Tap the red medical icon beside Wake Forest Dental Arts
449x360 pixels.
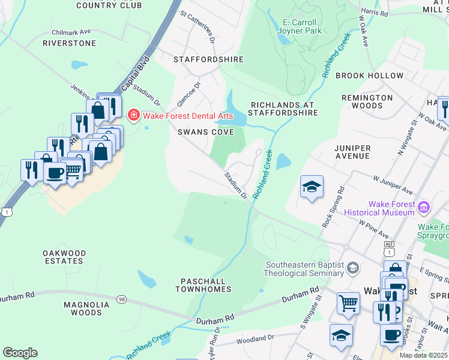(133, 114)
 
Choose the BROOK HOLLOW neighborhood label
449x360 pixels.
(369, 76)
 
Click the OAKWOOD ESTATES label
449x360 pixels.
(64, 257)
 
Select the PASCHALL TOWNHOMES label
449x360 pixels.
(203, 285)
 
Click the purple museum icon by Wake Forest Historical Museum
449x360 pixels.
(424, 208)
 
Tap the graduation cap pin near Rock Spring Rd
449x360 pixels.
(312, 188)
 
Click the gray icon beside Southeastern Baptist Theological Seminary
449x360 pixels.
(354, 267)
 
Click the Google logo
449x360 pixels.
(20, 353)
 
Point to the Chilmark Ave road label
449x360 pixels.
(71, 32)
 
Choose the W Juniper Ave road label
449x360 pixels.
(393, 185)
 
